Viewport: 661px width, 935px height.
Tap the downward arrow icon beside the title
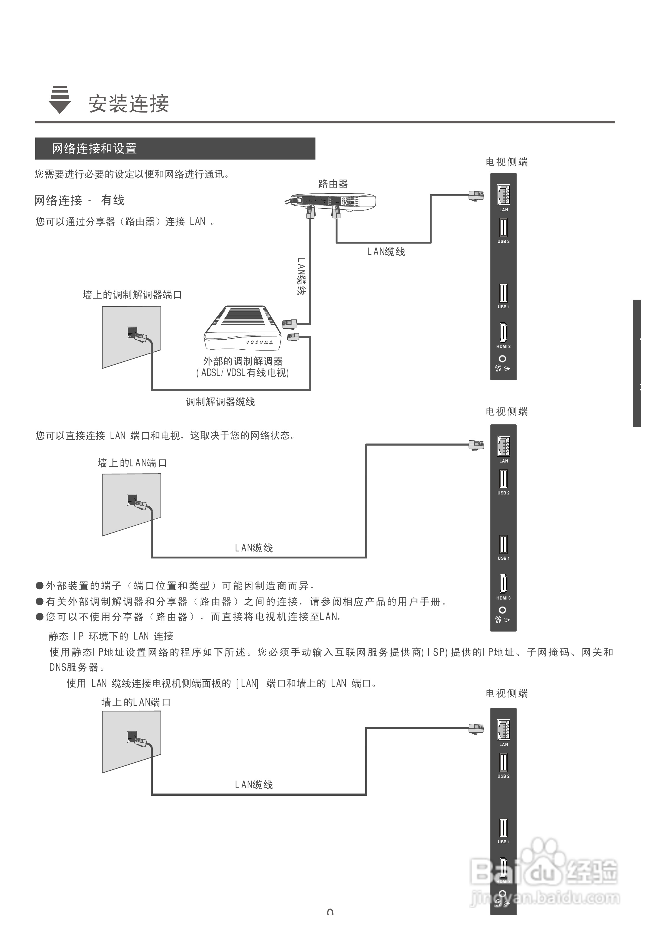[x=60, y=100]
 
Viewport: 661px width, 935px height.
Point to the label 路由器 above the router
[x=333, y=184]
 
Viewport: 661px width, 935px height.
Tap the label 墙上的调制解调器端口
[x=132, y=295]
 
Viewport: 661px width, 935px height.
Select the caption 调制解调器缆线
[x=220, y=402]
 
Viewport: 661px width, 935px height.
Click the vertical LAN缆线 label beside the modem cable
[x=301, y=276]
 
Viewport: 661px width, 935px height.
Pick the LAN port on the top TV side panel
[x=504, y=195]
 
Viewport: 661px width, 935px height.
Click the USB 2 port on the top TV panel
[x=504, y=228]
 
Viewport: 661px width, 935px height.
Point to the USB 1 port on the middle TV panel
[x=504, y=544]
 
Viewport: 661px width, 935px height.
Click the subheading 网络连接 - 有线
[x=79, y=200]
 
